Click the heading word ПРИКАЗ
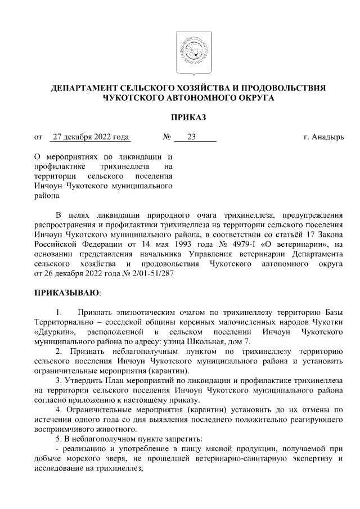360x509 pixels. point(189,117)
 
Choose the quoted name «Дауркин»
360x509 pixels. point(55,332)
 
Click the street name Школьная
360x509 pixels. point(217,341)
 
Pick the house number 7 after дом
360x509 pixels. point(249,341)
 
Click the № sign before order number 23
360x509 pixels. point(166,137)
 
